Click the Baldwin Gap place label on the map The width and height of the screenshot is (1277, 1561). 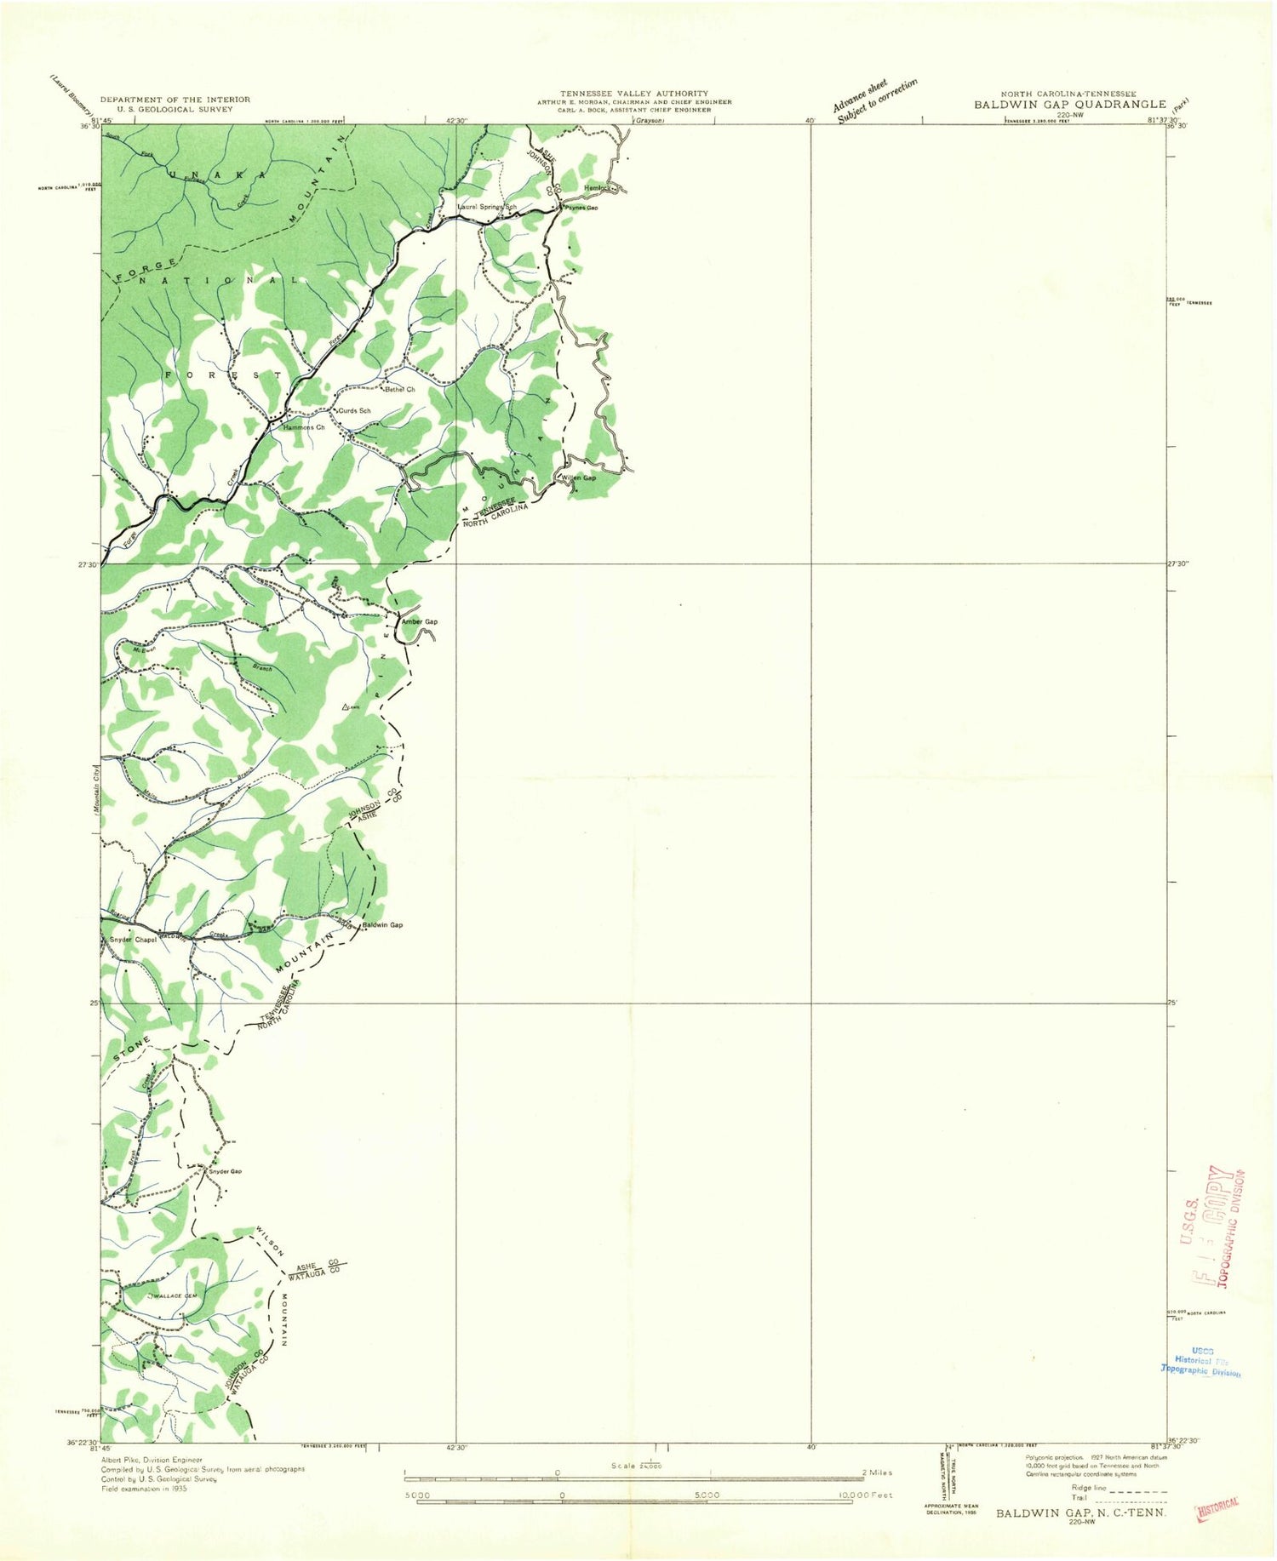pyautogui.click(x=382, y=925)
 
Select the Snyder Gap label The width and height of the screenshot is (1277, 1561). pyautogui.click(x=225, y=1171)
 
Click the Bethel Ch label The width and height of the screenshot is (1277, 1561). pyautogui.click(x=399, y=390)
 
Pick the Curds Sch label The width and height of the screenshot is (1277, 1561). pyautogui.click(x=354, y=411)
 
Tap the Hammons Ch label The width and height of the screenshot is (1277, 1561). pyautogui.click(x=304, y=427)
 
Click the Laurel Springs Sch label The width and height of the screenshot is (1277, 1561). pyautogui.click(x=487, y=207)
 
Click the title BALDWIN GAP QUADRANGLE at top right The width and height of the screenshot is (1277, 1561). pyautogui.click(x=1070, y=105)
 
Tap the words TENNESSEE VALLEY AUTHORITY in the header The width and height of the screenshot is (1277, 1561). pyautogui.click(x=633, y=93)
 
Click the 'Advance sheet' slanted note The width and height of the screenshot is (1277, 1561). pyautogui.click(x=860, y=93)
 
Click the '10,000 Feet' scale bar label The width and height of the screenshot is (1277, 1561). pyautogui.click(x=865, y=1495)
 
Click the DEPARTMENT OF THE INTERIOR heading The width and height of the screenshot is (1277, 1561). pyautogui.click(x=175, y=100)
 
